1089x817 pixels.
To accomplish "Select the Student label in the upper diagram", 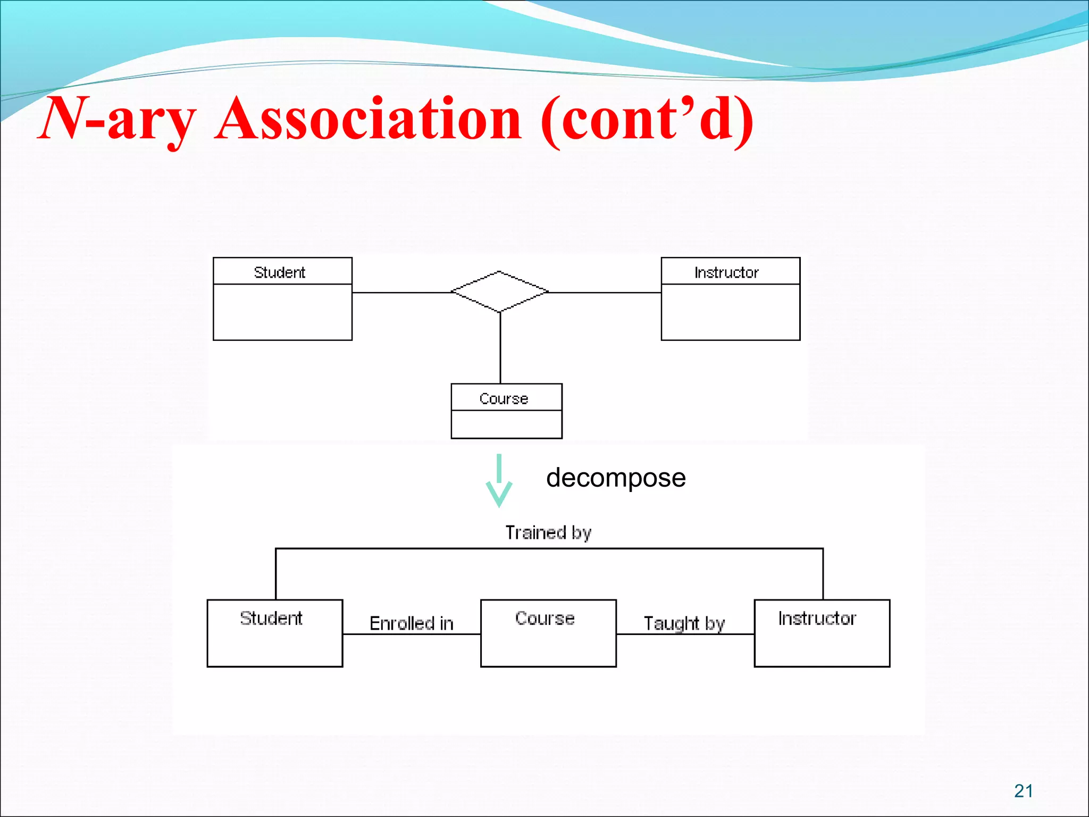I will [x=280, y=272].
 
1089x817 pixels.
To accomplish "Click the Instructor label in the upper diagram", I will [x=726, y=272].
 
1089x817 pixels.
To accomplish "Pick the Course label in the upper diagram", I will [x=504, y=398].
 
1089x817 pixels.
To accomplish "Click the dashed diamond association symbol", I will [x=499, y=291].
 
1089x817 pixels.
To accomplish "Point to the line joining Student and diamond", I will [x=401, y=293].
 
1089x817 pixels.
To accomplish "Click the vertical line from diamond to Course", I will [x=500, y=348].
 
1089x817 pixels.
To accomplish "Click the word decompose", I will [x=616, y=478].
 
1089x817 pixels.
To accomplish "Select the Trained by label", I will [x=548, y=532].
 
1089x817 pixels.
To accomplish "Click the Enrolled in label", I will [x=411, y=623].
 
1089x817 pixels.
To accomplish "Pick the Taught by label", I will [x=684, y=623].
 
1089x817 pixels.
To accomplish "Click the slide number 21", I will [x=1023, y=791].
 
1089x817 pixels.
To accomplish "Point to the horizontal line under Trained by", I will [x=549, y=548].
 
